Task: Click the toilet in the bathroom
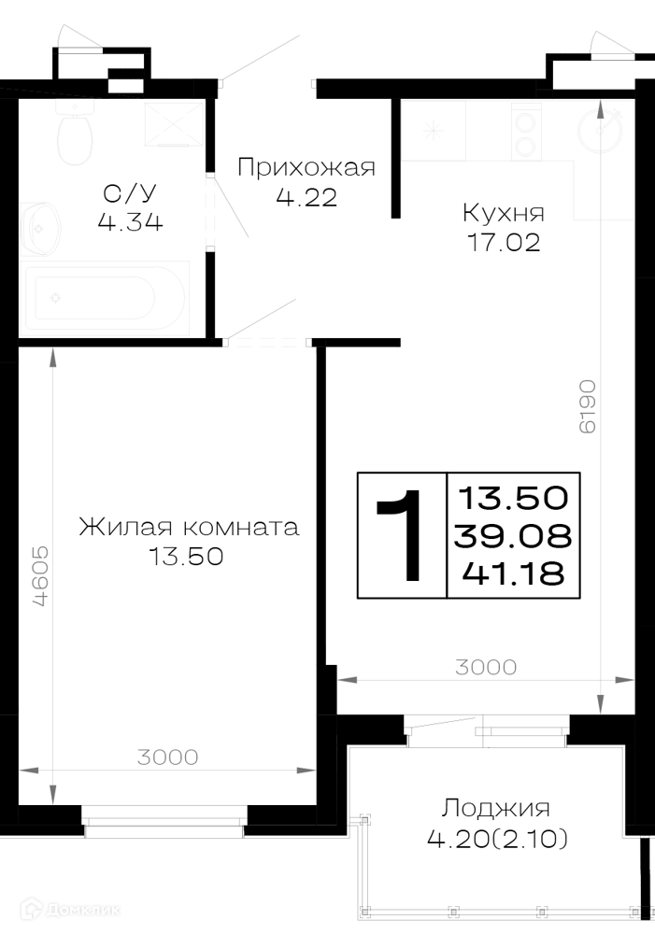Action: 76,133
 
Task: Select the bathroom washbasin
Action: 40,228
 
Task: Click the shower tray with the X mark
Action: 174,124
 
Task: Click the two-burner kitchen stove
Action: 526,132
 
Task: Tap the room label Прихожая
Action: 306,167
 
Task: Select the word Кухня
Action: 504,213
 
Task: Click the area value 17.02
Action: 505,243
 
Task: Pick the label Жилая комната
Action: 189,527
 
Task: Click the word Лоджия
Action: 496,809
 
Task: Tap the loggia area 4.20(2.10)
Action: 498,840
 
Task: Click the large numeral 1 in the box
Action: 401,535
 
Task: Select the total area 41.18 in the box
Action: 513,573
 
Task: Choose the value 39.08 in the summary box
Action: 513,536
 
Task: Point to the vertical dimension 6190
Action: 587,406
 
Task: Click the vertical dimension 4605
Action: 40,576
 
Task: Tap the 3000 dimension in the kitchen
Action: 486,667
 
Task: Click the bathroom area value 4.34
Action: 131,223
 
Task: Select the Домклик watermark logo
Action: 70,910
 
